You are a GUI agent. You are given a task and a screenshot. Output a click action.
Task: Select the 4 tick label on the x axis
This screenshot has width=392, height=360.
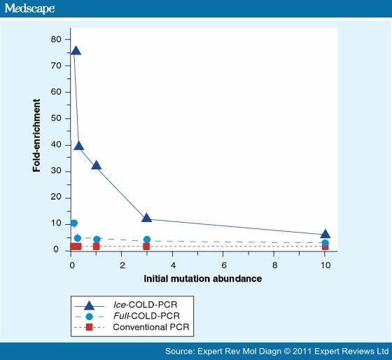173,266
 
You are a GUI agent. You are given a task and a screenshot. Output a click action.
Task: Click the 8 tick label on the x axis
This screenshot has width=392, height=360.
274,266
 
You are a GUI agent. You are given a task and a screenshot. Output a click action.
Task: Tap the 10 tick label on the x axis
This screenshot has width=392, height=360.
325,266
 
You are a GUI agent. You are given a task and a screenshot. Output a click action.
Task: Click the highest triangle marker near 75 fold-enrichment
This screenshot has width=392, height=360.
76,50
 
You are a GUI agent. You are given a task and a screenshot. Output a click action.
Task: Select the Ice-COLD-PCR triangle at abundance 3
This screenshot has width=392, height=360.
147,218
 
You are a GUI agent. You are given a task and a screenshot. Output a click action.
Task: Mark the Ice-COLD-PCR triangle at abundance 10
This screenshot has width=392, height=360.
325,234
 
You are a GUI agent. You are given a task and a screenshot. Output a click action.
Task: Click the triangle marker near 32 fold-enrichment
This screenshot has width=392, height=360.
97,165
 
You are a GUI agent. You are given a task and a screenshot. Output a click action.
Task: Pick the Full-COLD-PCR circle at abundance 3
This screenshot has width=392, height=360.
147,240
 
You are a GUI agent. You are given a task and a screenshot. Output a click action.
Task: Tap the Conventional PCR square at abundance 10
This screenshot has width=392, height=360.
325,247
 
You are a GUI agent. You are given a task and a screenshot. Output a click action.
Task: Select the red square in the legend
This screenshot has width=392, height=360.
90,327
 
